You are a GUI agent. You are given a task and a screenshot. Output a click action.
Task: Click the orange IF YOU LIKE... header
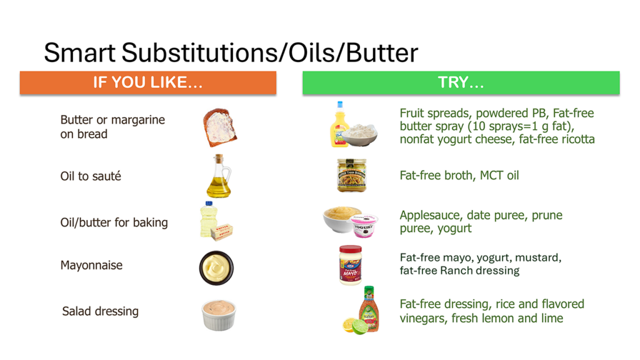(147, 83)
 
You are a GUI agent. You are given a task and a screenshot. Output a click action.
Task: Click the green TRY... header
(461, 83)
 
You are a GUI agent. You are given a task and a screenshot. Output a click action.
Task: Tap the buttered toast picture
(219, 127)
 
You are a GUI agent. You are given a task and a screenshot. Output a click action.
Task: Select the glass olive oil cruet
(219, 176)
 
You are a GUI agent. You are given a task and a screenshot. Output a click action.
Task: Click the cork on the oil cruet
(219, 158)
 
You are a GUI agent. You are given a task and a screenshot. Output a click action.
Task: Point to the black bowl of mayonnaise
(216, 267)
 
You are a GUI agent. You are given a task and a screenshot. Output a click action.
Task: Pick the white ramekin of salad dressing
(219, 315)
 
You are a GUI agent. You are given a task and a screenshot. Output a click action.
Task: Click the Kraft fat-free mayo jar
(350, 265)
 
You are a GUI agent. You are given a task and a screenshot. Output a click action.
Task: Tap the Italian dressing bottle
(369, 309)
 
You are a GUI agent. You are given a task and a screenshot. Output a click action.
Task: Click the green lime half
(360, 327)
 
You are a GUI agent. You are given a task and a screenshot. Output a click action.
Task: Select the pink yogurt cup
(364, 225)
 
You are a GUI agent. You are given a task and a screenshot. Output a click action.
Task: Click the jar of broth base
(351, 175)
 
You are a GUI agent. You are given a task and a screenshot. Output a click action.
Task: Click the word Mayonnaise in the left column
(91, 265)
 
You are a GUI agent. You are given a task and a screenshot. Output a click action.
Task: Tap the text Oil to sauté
(91, 176)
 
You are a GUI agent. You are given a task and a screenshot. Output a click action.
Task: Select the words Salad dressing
(101, 311)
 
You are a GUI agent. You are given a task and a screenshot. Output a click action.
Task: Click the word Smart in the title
(79, 52)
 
